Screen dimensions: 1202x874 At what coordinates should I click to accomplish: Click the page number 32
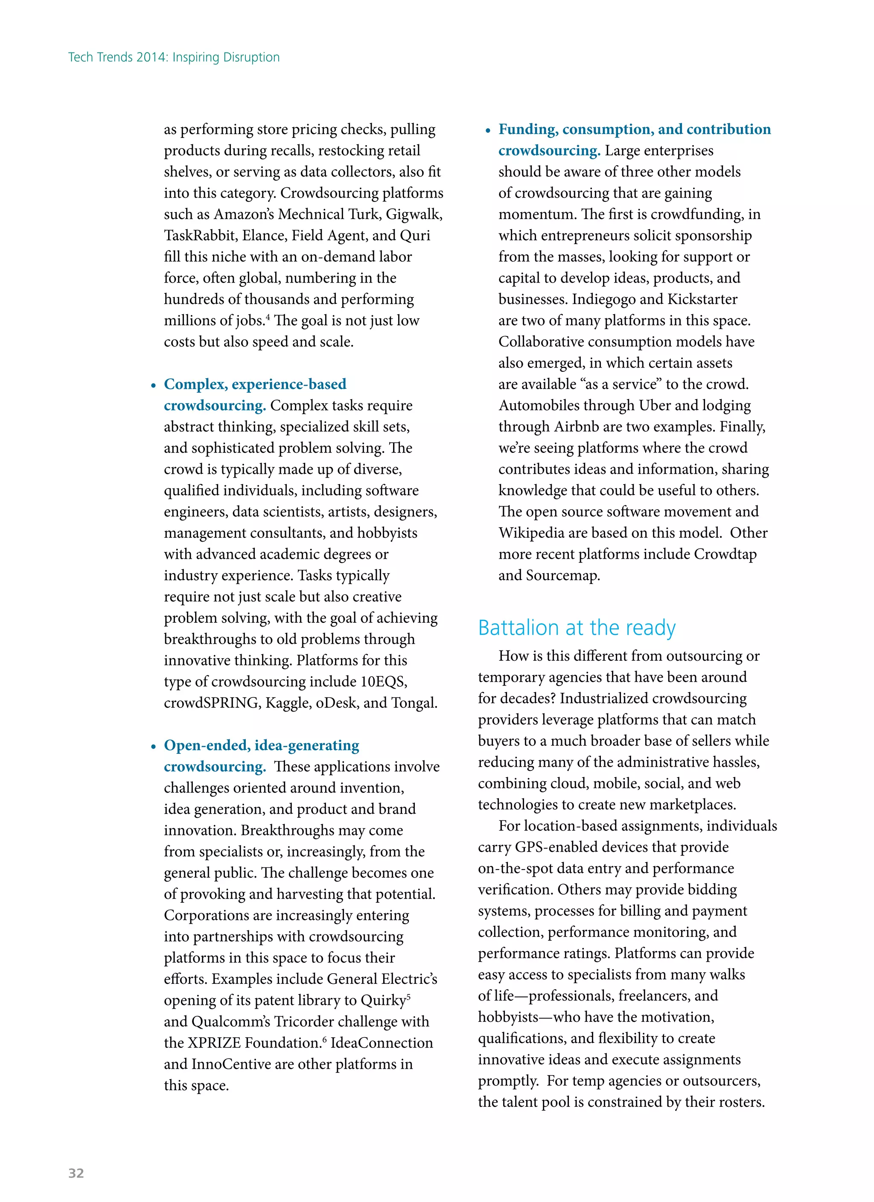[x=76, y=1173]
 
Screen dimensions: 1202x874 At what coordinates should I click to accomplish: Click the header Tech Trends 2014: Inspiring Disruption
[x=174, y=57]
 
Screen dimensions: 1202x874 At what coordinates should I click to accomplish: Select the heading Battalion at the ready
[x=576, y=627]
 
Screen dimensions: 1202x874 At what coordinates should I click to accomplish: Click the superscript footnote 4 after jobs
[x=268, y=317]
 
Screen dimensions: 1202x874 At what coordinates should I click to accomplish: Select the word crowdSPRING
[x=212, y=703]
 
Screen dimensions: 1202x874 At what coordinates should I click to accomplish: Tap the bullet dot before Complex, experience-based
[x=153, y=386]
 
